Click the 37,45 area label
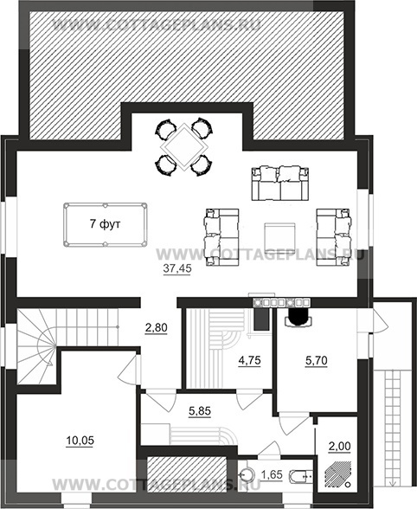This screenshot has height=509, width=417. click(177, 268)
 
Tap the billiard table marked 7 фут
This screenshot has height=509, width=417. click(106, 225)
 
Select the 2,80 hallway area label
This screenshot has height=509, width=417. click(156, 327)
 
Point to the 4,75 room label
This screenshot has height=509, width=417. click(249, 360)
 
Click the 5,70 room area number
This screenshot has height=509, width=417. click(316, 360)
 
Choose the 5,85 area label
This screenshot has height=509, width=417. click(200, 411)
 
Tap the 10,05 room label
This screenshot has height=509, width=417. click(80, 441)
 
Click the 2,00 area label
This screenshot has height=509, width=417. click(340, 447)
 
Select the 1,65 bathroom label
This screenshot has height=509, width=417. click(272, 475)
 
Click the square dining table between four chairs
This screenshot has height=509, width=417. click(184, 147)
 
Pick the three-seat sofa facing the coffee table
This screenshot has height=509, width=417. click(279, 184)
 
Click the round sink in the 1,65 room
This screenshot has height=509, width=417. click(248, 475)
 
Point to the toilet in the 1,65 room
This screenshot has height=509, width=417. click(300, 476)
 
